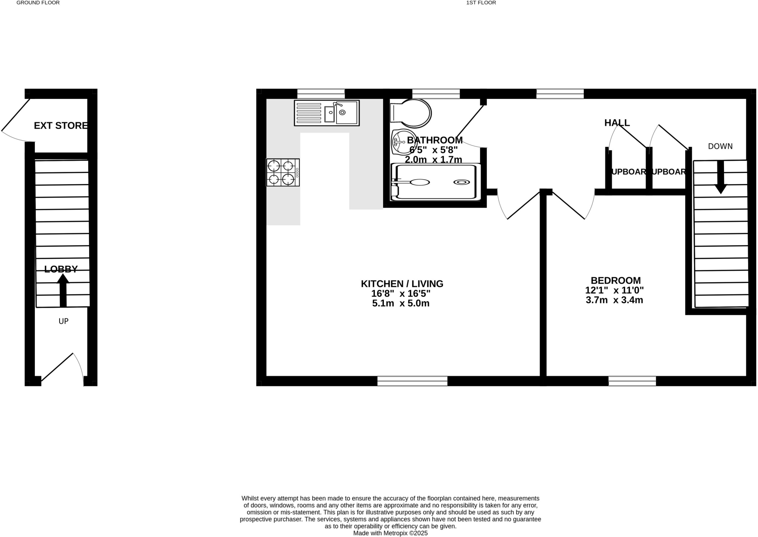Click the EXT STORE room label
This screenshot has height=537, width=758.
(61, 126)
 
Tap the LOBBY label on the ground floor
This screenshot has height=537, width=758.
(61, 269)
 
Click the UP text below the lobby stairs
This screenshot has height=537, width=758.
(64, 321)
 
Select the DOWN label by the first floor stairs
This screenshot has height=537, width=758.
(720, 146)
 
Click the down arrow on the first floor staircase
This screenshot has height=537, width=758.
(720, 177)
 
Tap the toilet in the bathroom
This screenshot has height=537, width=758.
(411, 112)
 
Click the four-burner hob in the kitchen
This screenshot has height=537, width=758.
(283, 172)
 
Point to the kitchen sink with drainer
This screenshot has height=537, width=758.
(327, 113)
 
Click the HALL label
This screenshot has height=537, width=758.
(617, 123)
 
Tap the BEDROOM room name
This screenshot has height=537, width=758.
(616, 280)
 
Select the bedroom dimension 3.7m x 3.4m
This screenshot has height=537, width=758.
(614, 300)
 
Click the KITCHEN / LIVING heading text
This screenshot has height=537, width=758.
(402, 284)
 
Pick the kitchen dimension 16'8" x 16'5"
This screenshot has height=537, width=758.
(401, 294)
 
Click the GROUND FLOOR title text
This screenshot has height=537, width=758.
(38, 3)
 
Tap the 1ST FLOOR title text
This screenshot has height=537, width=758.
(481, 3)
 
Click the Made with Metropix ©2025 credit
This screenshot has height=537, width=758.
(390, 533)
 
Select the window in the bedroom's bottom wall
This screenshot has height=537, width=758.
(632, 381)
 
